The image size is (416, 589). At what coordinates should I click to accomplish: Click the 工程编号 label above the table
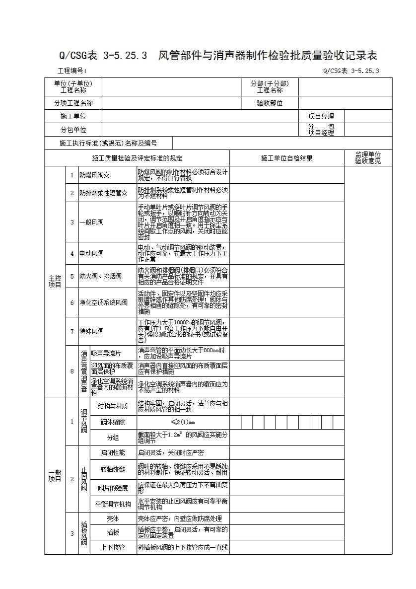tap(72, 71)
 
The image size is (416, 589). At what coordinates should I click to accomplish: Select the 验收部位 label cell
tap(270, 103)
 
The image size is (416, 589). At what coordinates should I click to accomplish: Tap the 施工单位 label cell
tap(73, 116)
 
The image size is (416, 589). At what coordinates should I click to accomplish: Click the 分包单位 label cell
tap(73, 130)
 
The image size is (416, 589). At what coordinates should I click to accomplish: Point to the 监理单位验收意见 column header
tap(367, 158)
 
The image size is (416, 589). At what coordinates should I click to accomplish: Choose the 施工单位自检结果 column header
tap(286, 158)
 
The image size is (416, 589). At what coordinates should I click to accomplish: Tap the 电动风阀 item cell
tap(92, 253)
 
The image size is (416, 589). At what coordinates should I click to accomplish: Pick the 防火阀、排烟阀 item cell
tap(100, 276)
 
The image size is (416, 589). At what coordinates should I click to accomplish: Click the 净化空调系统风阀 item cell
tap(103, 302)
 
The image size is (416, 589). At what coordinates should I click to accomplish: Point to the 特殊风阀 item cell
tap(92, 331)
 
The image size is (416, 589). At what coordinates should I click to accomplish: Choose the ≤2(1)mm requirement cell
tap(183, 422)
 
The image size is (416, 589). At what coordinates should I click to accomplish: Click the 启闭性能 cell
tap(113, 452)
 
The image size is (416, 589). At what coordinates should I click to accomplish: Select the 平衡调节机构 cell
tap(113, 504)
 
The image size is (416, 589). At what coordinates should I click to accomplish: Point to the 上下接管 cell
tap(113, 547)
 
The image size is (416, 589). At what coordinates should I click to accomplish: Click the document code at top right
tap(350, 71)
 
